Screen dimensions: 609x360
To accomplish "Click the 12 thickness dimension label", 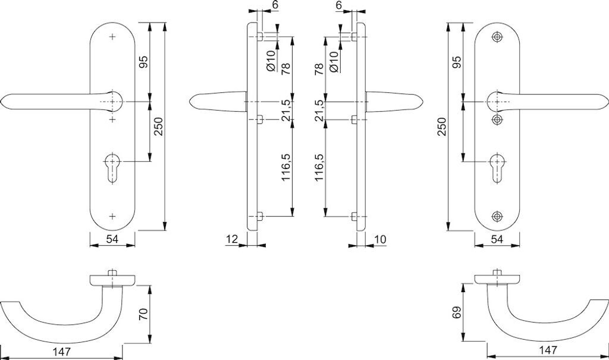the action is tap(232, 239).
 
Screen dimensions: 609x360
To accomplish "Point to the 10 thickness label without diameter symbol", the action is tap(381, 239).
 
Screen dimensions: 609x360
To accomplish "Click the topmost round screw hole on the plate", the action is tap(497, 37).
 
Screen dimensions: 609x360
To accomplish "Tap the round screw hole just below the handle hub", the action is tap(497, 119).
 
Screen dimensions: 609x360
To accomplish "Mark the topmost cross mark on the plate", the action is tap(112, 37).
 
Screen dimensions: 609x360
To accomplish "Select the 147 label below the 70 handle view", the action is tap(61, 352).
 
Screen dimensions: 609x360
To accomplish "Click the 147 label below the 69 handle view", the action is tap(547, 350).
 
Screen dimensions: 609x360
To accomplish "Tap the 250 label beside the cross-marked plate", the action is tap(158, 126).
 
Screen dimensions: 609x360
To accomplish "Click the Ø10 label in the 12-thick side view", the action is tap(271, 61).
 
